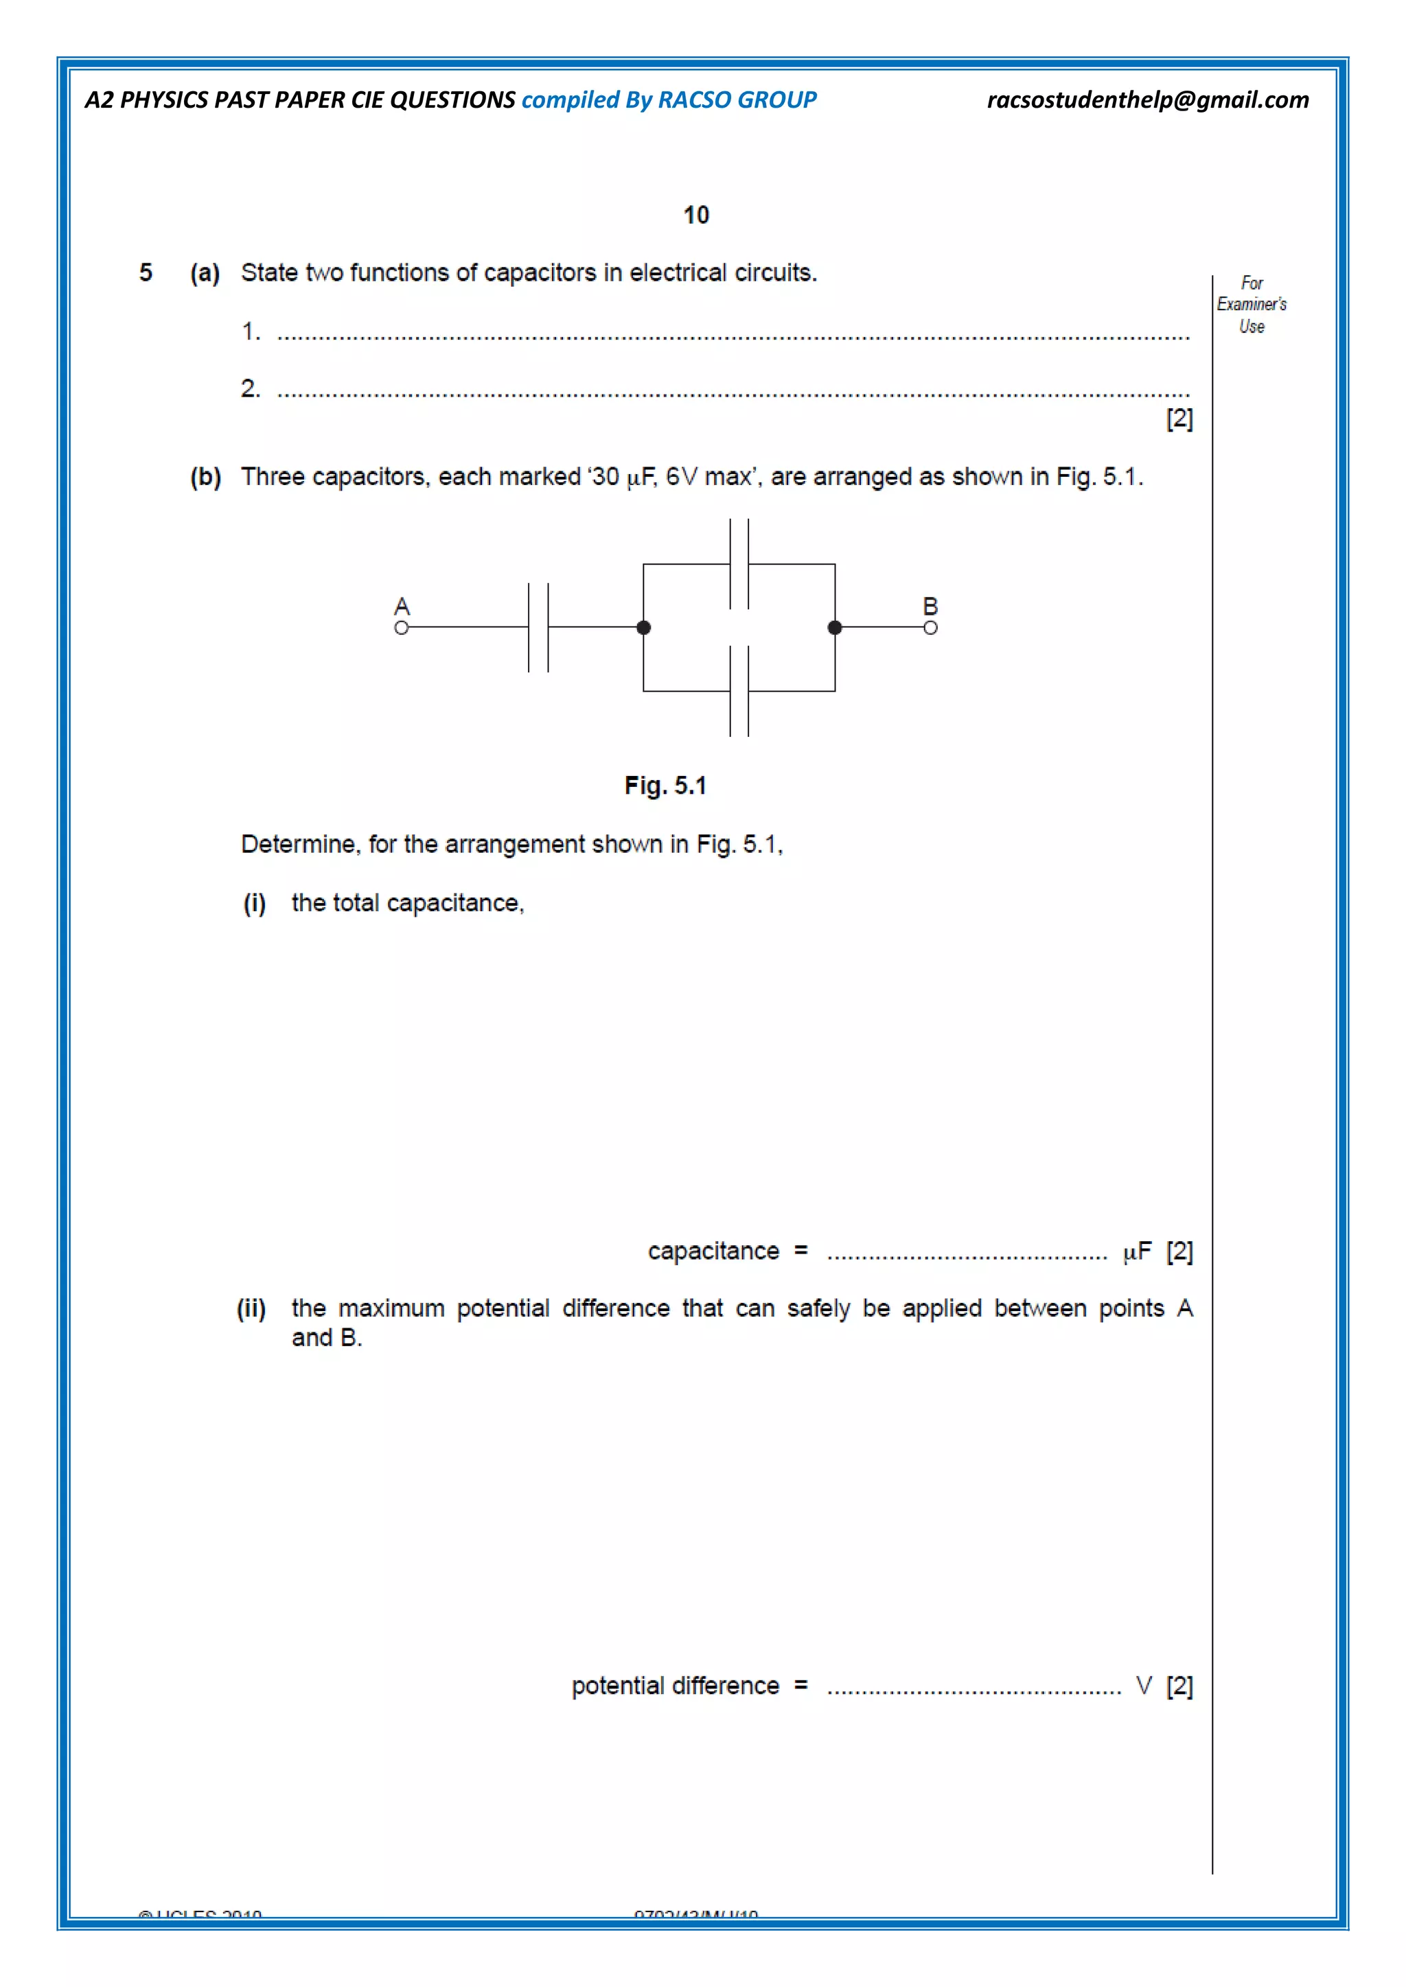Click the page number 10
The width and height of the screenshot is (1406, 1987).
696,215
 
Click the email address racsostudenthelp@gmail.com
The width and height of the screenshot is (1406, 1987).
1147,100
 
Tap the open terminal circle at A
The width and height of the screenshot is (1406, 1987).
401,627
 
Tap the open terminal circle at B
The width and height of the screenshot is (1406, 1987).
930,627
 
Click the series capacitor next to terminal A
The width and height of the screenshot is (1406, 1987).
538,627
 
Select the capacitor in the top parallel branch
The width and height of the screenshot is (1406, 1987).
739,564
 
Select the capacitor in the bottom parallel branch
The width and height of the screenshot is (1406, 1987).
739,691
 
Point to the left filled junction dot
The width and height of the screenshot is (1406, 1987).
643,627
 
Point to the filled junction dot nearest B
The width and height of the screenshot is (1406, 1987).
835,627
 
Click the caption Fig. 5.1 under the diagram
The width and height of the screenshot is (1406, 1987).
665,786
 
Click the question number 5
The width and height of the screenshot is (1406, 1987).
146,272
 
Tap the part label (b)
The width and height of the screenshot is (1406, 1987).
205,477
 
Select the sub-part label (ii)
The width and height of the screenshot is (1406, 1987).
251,1308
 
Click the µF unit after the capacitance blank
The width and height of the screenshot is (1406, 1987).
1137,1251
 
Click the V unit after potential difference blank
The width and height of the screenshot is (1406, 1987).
1144,1686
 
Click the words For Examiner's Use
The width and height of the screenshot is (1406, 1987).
1251,305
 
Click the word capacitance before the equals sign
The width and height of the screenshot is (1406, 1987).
713,1251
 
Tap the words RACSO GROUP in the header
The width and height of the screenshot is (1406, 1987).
737,100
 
